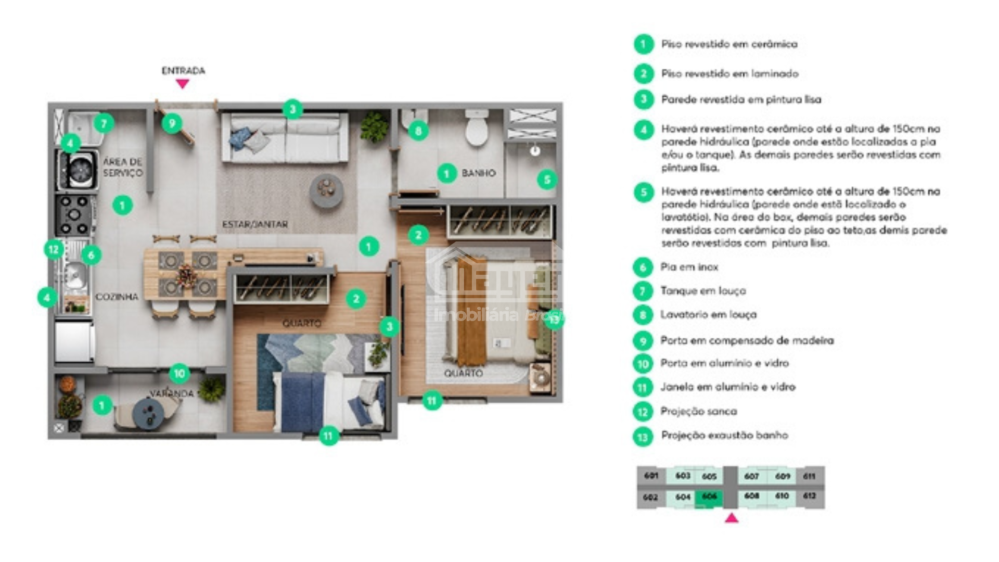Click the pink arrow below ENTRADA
point(182,83)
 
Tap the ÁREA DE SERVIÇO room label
point(123,167)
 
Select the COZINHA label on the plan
point(117,297)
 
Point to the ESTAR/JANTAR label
point(255,224)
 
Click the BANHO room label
point(478,173)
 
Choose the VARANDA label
point(172,393)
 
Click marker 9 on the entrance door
point(172,123)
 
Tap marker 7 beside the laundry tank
point(104,123)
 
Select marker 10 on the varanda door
point(179,373)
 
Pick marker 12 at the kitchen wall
point(54,249)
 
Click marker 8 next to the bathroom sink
point(418,131)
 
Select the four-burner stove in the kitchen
point(75,214)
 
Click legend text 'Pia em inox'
point(689,267)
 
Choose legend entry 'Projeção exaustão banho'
point(724,435)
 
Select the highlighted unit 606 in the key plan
point(709,497)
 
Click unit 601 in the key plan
point(651,476)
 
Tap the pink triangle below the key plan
point(732,518)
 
